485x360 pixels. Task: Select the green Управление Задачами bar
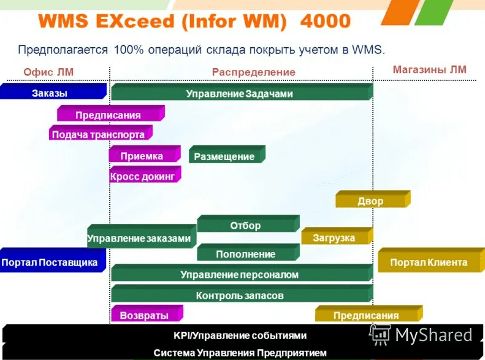click(240, 94)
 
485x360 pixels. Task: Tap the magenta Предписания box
click(109, 115)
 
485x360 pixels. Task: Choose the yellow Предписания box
click(366, 316)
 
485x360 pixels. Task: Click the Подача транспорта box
click(99, 134)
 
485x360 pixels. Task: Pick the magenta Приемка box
click(142, 156)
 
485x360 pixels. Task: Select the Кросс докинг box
click(143, 177)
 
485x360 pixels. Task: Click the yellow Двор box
click(370, 201)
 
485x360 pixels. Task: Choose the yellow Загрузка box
click(334, 238)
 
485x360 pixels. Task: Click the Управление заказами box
click(139, 238)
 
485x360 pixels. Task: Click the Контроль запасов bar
click(240, 296)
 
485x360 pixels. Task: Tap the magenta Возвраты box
click(145, 315)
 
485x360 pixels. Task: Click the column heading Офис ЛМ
click(48, 72)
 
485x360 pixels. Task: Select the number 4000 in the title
click(326, 22)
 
